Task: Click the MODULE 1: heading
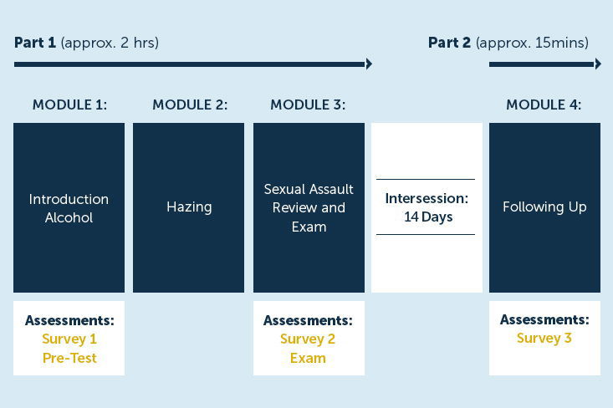point(69,105)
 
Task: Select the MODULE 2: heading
point(190,105)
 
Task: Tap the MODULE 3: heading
point(308,105)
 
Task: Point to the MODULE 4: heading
point(544,105)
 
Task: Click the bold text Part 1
point(35,43)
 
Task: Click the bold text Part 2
point(449,43)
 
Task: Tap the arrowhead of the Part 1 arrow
point(369,64)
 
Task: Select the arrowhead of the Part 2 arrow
point(598,64)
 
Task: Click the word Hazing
point(189,207)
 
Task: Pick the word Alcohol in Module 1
point(69,217)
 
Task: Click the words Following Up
point(544,207)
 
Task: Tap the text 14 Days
point(428,217)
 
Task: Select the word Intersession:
point(427,198)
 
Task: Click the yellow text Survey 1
point(69,339)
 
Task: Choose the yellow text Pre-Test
point(69,358)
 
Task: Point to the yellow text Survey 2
point(308,339)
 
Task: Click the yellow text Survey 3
point(544,338)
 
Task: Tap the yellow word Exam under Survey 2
point(308,358)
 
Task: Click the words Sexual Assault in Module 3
point(309,189)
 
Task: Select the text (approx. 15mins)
point(532,43)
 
